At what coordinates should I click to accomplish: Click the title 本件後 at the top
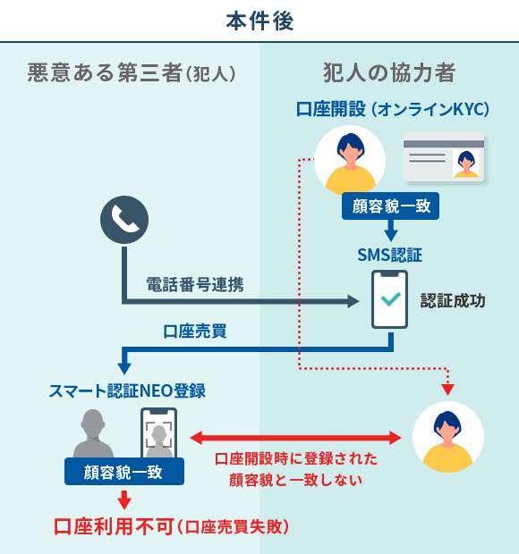259,20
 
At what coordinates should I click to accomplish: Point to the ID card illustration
443,157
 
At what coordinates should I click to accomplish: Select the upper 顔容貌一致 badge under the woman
390,206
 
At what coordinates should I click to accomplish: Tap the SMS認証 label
389,256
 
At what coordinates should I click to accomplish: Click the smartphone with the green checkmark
389,300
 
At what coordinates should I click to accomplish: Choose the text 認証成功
453,301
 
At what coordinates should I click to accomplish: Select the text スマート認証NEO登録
127,390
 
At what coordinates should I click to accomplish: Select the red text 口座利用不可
114,526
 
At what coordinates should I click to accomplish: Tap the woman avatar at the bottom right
447,437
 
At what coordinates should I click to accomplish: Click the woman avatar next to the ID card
350,161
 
